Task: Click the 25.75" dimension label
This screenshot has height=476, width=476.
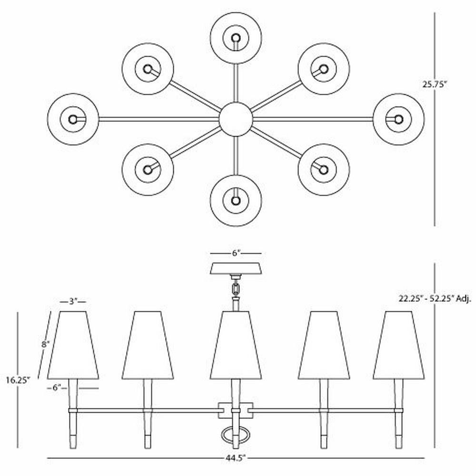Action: tap(435, 84)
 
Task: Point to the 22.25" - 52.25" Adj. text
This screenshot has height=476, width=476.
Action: tap(435, 299)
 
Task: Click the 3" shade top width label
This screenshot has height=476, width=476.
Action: tap(73, 302)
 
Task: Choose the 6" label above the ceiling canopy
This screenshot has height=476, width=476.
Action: tap(236, 253)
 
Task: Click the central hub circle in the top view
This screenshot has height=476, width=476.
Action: tap(236, 119)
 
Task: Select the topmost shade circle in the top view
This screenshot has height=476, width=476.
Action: tap(236, 38)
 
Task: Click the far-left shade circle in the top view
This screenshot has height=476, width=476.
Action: tap(73, 119)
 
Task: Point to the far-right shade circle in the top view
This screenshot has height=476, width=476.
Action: tap(398, 119)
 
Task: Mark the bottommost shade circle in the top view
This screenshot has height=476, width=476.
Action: tap(236, 200)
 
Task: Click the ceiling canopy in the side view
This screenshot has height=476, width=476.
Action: tap(236, 268)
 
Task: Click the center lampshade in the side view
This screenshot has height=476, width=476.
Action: tap(236, 345)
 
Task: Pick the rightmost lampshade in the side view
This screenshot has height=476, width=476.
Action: tap(398, 345)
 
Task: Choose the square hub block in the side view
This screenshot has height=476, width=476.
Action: tap(236, 410)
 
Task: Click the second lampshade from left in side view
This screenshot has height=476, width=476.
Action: tap(148, 345)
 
